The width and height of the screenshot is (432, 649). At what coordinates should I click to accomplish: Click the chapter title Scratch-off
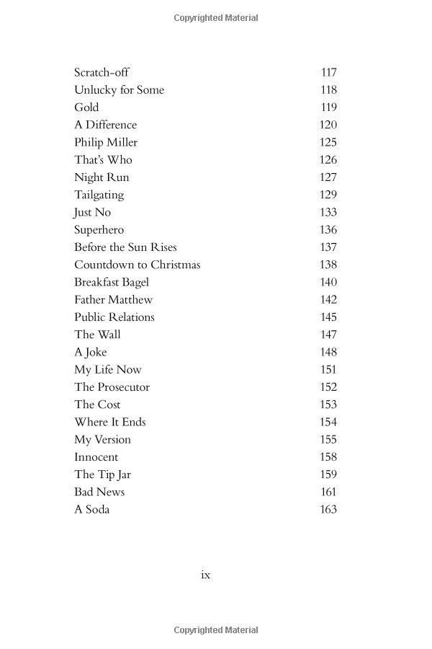102,72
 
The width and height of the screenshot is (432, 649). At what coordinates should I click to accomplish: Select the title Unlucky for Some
119,89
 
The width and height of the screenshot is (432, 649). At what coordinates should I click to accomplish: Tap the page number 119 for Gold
328,107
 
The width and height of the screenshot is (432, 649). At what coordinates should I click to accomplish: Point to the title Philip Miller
106,142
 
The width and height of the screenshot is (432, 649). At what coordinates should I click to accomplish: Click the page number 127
328,177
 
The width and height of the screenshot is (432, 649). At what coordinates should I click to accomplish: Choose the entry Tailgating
99,195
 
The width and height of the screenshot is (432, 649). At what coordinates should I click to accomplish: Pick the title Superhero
99,229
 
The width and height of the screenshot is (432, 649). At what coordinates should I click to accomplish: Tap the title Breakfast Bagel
112,282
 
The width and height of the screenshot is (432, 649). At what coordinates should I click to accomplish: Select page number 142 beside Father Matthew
328,299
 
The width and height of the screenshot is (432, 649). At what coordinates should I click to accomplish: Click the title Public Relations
114,317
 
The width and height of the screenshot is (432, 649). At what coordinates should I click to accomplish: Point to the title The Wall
97,335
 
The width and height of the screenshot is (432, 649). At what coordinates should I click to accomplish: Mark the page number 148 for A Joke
328,352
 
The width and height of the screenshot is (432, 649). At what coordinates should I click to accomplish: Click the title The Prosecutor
112,387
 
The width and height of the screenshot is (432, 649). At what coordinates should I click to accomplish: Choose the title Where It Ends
109,422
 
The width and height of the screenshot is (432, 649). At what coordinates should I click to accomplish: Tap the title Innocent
96,457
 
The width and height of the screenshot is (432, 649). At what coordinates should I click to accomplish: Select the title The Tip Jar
102,474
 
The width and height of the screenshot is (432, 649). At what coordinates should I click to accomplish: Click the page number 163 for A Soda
328,509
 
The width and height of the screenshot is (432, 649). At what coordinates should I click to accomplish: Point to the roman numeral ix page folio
205,575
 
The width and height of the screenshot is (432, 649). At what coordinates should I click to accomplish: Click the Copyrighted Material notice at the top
216,18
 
